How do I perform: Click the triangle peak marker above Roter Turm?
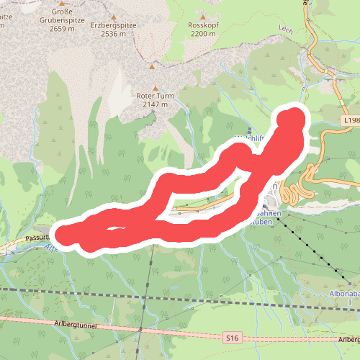pos(152,67)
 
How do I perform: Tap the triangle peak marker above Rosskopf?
pos(203,16)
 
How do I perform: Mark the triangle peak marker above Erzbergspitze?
pos(113,15)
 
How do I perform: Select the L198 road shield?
pos(351,120)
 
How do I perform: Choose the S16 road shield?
pos(231,336)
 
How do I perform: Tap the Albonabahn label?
pos(344,294)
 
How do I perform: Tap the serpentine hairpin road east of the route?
pos(295,191)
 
